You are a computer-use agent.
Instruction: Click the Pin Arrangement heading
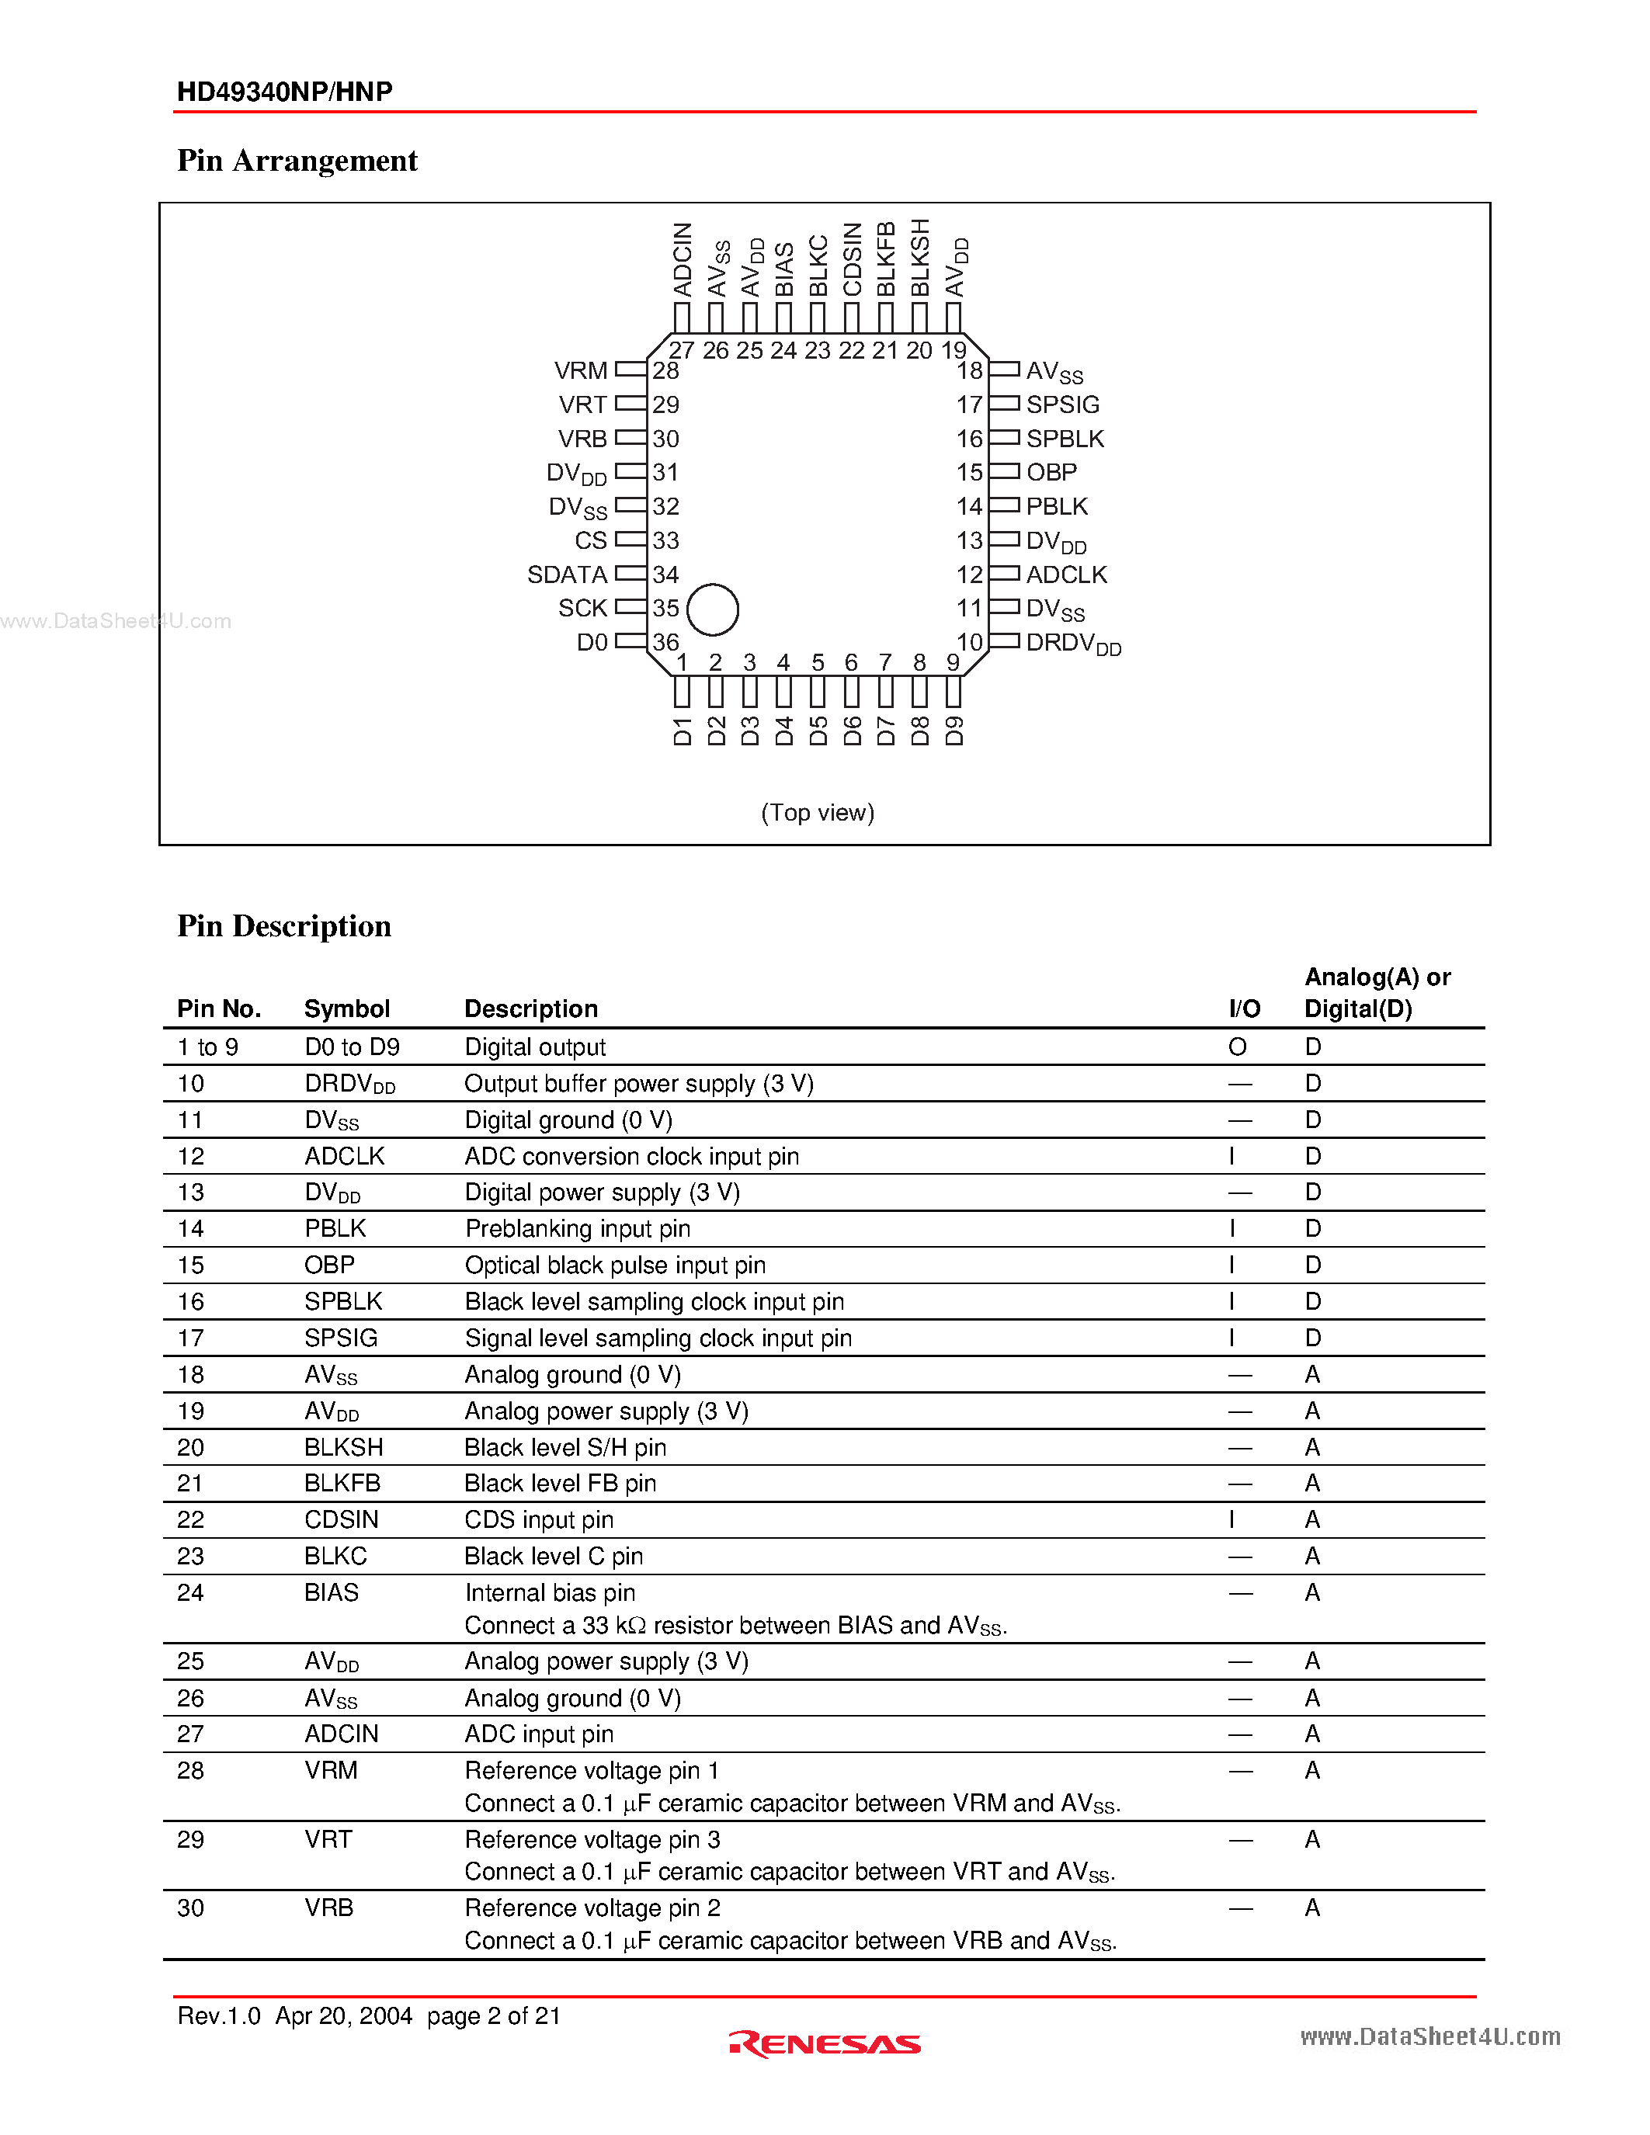tap(297, 161)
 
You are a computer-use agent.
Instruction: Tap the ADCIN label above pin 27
tap(683, 260)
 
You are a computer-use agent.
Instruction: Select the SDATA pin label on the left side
tap(567, 575)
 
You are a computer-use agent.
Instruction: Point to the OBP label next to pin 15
tap(1051, 473)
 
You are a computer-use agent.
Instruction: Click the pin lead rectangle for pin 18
tap(1004, 370)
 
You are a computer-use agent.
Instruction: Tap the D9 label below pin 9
tap(954, 731)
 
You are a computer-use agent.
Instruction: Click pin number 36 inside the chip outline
tap(665, 642)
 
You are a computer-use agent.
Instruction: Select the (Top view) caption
tap(817, 812)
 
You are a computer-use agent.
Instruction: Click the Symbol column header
tap(347, 1008)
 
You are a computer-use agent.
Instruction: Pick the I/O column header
tap(1245, 1008)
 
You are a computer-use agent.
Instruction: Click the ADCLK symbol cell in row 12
tap(344, 1157)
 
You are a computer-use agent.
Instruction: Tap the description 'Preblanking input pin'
tap(578, 1229)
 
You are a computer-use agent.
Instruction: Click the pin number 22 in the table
tap(190, 1520)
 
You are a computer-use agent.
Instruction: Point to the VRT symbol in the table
tap(328, 1840)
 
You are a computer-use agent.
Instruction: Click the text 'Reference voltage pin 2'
tap(592, 1908)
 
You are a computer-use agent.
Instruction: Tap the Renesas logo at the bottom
tap(825, 2044)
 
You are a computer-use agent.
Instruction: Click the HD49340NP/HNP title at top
tap(284, 92)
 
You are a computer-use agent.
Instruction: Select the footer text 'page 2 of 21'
tap(494, 2015)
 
